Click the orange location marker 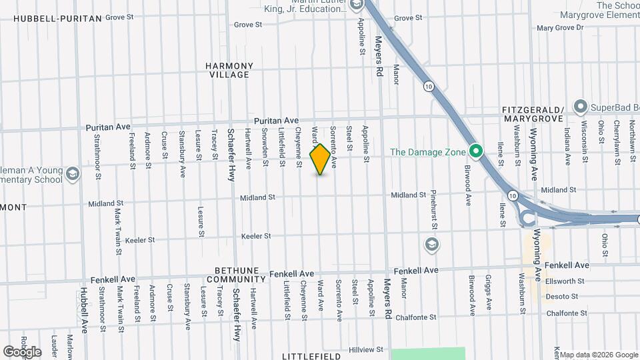pyautogui.click(x=320, y=159)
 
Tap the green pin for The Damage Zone pyautogui.click(x=475, y=151)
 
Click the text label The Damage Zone pyautogui.click(x=427, y=152)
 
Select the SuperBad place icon pyautogui.click(x=580, y=107)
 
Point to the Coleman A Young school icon pyautogui.click(x=73, y=175)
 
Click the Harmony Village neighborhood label pyautogui.click(x=229, y=70)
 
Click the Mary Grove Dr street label pyautogui.click(x=559, y=28)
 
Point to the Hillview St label pyautogui.click(x=367, y=349)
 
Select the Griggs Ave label pyautogui.click(x=488, y=293)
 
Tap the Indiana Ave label pyautogui.click(x=567, y=145)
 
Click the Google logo pyautogui.click(x=22, y=351)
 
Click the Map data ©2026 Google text pyautogui.click(x=599, y=355)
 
